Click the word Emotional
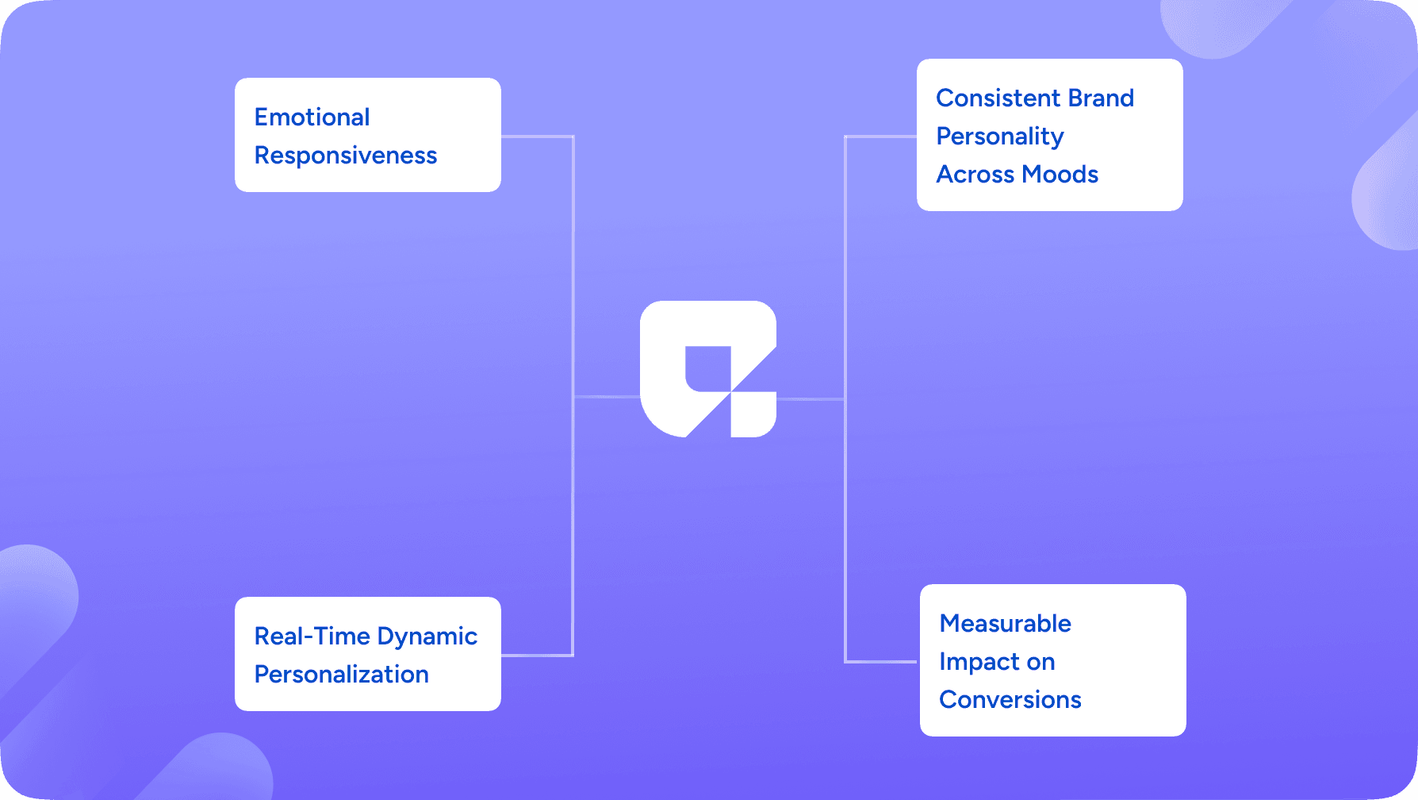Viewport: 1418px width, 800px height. (312, 117)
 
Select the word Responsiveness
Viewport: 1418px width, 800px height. (346, 156)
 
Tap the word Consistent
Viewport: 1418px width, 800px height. (998, 98)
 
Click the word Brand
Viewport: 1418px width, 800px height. (1101, 98)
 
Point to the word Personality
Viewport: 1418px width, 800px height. (1000, 137)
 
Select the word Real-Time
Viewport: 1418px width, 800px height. (312, 637)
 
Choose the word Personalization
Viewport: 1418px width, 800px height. (342, 675)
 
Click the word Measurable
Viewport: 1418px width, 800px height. (1006, 624)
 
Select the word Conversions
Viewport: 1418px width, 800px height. (1010, 700)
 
